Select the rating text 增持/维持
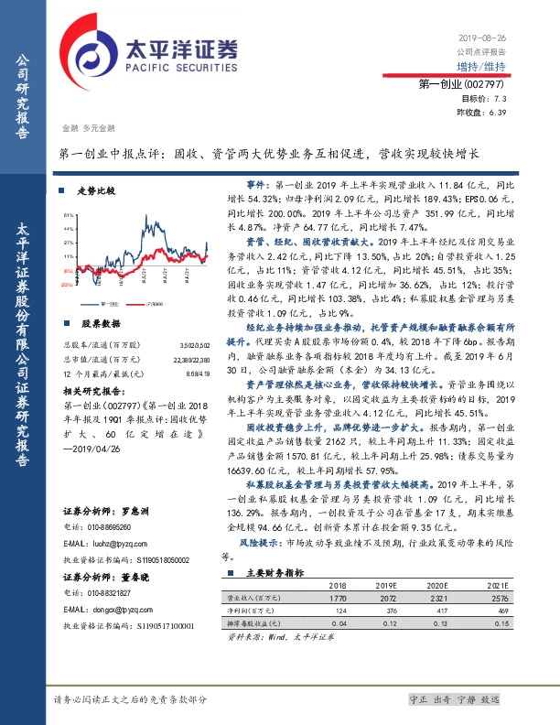pos(483,67)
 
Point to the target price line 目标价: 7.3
pos(485,99)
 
